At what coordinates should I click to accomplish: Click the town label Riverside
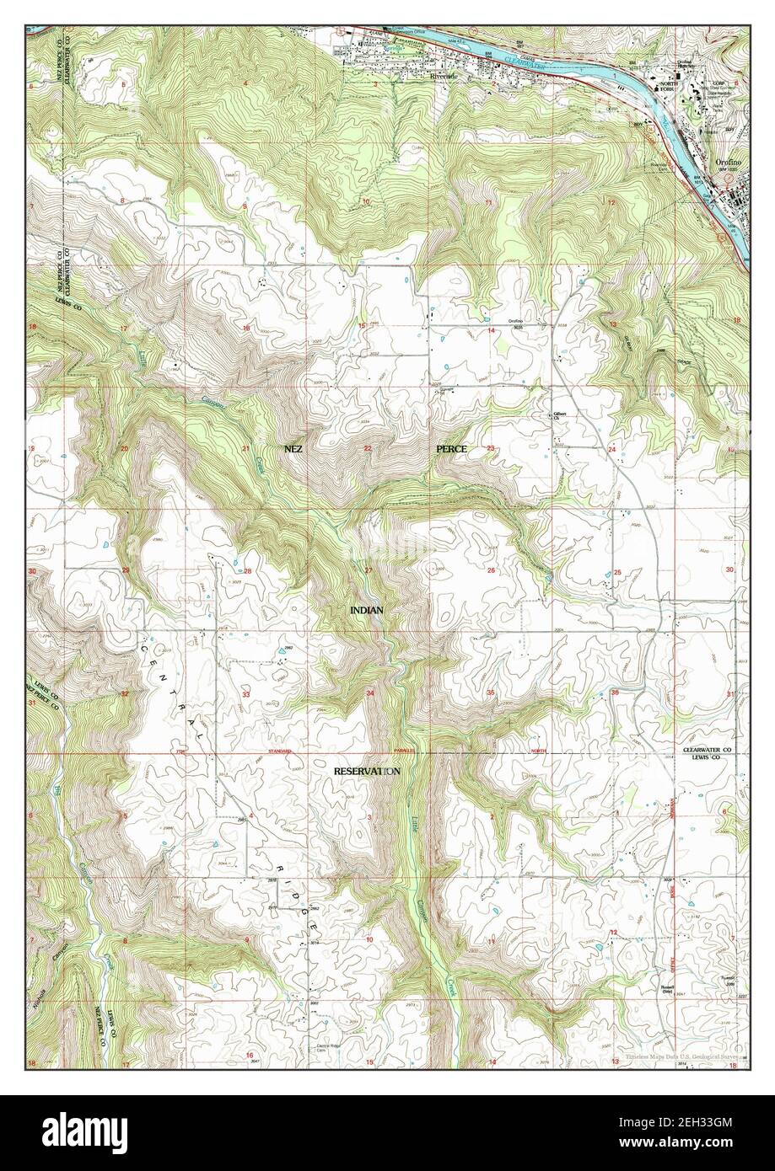point(443,75)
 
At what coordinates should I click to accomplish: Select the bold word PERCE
point(451,449)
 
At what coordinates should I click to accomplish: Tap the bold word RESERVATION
point(367,771)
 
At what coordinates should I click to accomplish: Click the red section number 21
point(246,448)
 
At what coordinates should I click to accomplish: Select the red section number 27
point(368,571)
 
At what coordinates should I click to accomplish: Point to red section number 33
point(246,694)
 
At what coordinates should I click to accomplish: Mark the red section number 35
point(491,692)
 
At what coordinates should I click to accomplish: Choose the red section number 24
point(612,449)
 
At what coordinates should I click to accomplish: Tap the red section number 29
point(126,571)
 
